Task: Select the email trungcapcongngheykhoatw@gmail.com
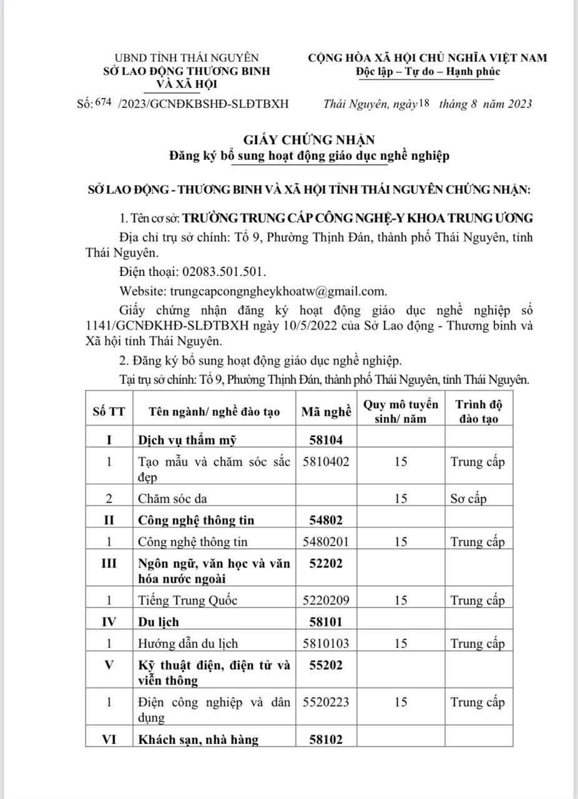[x=278, y=291]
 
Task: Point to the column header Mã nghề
[x=326, y=412]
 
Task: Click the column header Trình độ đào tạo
[x=478, y=411]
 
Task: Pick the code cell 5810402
[x=326, y=462]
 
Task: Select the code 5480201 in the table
[x=326, y=541]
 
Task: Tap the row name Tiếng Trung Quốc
[x=188, y=600]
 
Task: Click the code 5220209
[x=326, y=600]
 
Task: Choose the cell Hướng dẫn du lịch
[x=188, y=642]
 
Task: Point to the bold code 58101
[x=326, y=622]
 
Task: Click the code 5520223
[x=326, y=702]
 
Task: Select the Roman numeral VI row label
[x=109, y=740]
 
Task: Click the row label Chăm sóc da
[x=172, y=498]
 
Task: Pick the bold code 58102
[x=326, y=740]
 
